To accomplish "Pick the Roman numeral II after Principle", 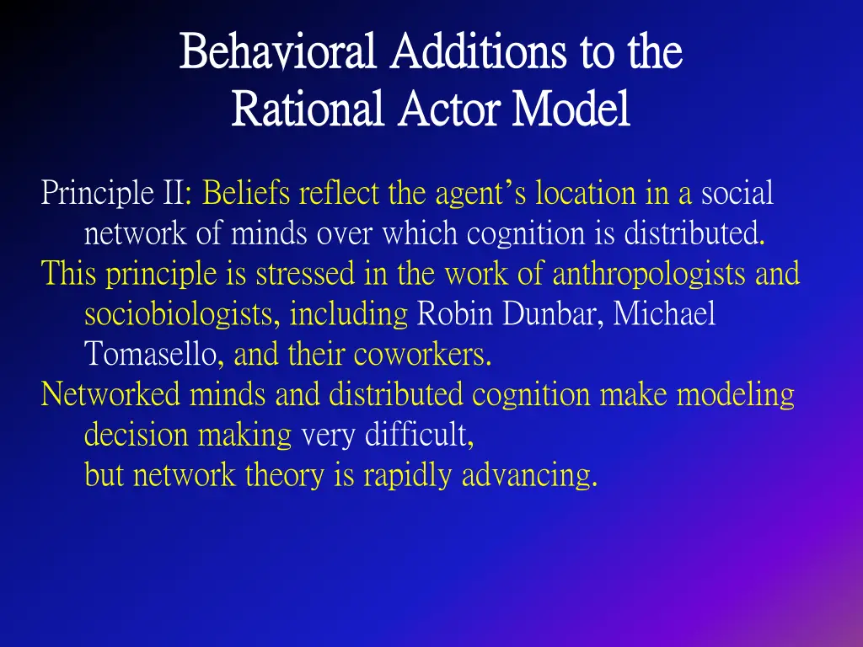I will (174, 194).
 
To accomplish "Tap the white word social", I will (737, 194).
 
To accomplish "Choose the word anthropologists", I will (649, 274).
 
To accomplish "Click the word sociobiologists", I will (178, 314).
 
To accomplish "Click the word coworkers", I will (422, 355).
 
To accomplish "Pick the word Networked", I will (111, 394).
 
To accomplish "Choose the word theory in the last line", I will (285, 475).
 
